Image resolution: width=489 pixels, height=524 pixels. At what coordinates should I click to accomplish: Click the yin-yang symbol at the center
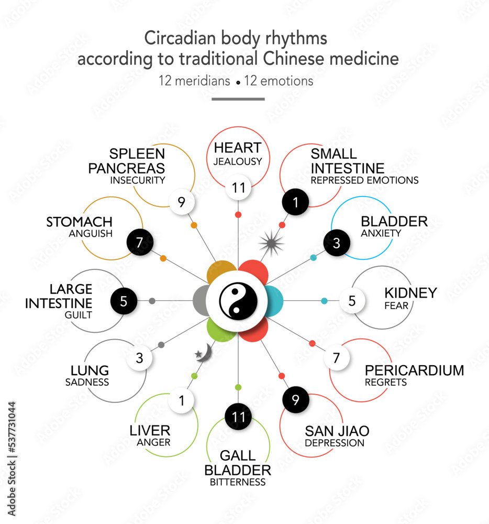pos(238,301)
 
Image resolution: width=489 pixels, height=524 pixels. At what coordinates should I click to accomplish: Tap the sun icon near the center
pos(271,242)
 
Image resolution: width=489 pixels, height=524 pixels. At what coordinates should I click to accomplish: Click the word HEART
pos(237,148)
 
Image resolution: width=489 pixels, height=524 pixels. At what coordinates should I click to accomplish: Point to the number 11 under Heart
pos(239,188)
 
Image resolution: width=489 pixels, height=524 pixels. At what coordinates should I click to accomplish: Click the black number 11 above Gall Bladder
pos(238,417)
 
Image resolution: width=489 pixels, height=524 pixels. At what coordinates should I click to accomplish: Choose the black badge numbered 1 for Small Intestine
pos(295,202)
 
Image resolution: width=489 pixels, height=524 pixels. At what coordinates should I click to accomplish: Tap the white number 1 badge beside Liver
pos(182,401)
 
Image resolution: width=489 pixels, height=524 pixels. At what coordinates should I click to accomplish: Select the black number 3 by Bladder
pos(337,243)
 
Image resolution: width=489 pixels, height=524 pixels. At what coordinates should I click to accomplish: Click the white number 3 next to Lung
pos(139,358)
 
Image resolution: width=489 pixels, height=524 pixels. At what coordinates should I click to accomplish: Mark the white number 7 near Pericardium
pos(337,358)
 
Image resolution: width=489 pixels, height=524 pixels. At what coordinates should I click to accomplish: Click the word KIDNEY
pos(410,293)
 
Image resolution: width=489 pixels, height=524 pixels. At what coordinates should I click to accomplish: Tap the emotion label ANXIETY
pos(381,233)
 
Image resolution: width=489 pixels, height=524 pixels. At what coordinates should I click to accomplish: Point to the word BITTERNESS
pos(238,482)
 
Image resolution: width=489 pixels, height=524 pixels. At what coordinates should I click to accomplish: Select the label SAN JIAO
pos(337,431)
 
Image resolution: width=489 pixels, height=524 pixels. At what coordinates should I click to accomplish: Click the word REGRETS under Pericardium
pos(386,382)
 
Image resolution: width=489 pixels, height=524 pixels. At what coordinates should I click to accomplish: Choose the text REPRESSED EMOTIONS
pos(364,180)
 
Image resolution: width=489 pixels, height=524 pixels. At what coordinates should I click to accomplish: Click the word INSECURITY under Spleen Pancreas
pos(138,180)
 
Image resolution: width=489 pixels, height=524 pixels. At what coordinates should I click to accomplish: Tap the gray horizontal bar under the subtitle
pos(238,99)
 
